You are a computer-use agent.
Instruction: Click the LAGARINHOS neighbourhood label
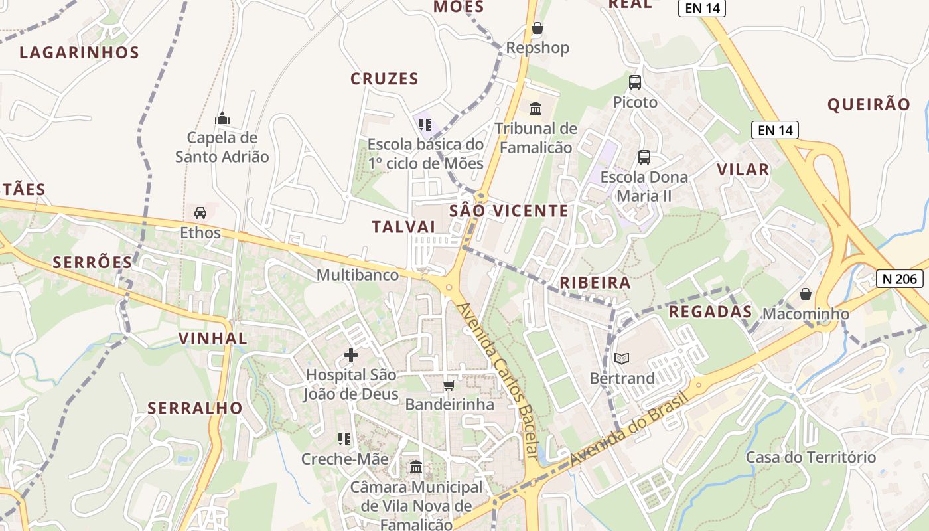tap(79, 53)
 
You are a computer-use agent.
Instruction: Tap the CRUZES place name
tap(384, 79)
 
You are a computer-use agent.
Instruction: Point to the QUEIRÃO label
tap(869, 104)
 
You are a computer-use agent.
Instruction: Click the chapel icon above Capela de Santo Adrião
tap(222, 119)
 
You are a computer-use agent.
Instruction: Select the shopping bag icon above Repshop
tap(537, 29)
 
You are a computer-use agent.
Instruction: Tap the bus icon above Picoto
tap(635, 82)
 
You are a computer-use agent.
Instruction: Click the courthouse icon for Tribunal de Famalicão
tap(536, 108)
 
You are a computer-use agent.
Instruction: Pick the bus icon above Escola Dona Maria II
tap(644, 157)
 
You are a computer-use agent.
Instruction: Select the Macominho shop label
tap(806, 314)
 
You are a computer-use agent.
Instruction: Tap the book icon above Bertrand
tap(621, 359)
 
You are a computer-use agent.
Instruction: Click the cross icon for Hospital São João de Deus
tap(351, 355)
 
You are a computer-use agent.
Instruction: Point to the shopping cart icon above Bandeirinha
tap(449, 386)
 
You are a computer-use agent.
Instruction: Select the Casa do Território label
tap(811, 457)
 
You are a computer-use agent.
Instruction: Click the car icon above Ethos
tap(200, 213)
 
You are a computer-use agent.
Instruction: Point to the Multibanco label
tap(358, 275)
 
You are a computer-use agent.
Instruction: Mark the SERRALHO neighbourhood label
tap(195, 408)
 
